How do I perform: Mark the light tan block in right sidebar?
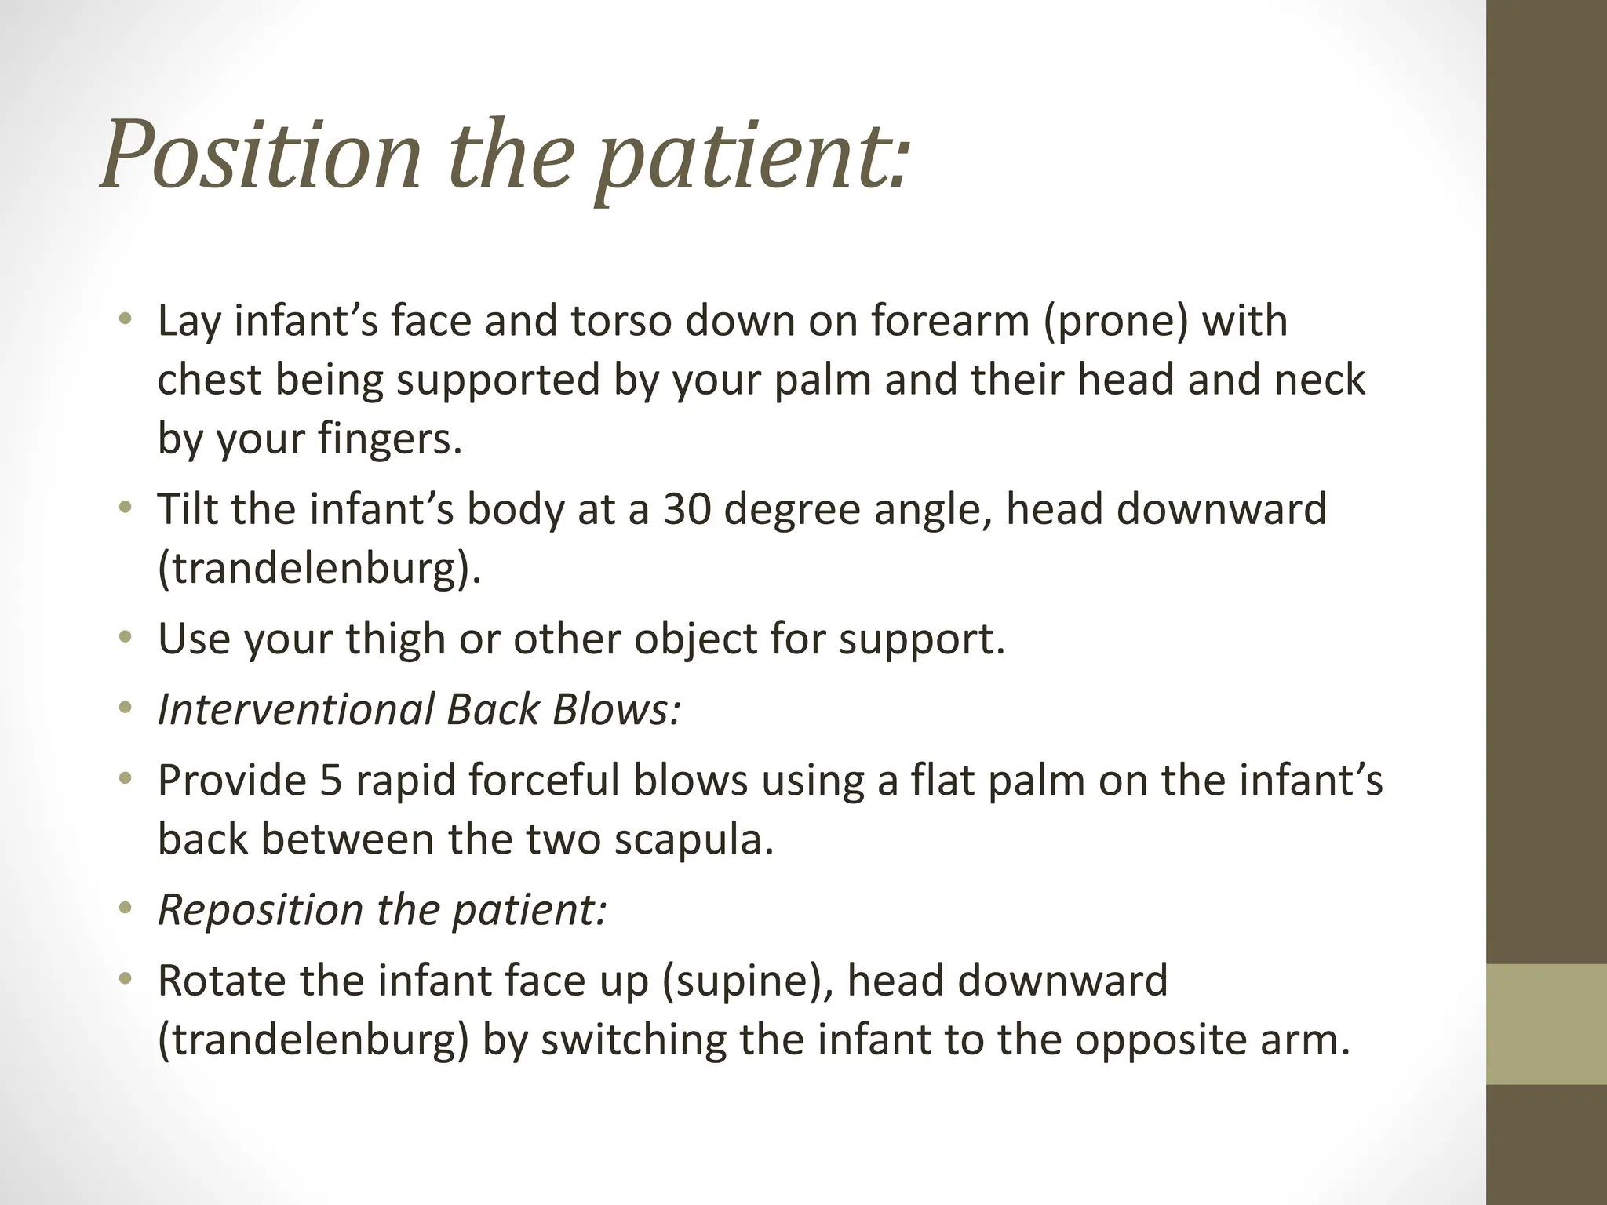pyautogui.click(x=1547, y=1023)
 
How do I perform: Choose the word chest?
pyautogui.click(x=208, y=380)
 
